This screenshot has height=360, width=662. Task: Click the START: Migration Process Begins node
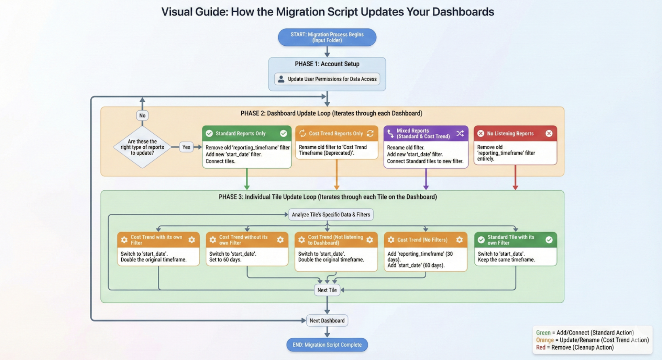327,37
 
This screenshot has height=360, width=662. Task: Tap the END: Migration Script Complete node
327,345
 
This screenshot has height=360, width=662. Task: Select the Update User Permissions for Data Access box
327,79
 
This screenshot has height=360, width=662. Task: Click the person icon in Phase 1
281,79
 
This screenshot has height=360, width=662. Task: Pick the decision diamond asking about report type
142,147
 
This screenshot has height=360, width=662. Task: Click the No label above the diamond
142,115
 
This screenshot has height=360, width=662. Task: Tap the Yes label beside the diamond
186,147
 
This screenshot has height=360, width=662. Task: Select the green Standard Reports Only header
246,133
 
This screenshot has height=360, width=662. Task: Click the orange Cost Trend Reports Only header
336,133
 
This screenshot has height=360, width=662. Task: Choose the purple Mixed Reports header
426,133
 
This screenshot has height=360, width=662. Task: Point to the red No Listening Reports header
515,133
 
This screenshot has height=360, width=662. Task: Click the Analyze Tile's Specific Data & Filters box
331,215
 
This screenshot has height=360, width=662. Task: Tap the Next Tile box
327,290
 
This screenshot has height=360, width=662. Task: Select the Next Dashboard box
327,320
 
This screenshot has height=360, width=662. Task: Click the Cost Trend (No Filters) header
425,240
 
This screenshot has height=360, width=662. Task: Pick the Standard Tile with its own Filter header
515,240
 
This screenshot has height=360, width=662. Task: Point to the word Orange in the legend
545,340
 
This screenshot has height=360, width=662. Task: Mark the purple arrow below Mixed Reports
426,179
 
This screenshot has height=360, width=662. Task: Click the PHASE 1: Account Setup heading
327,64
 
